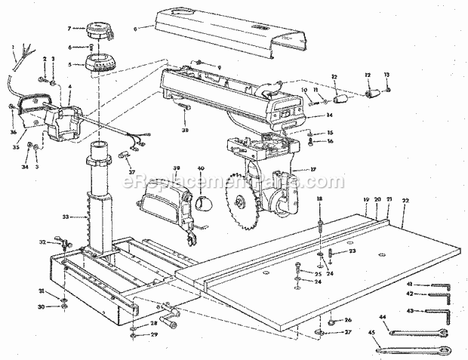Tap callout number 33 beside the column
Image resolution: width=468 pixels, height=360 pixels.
click(66, 217)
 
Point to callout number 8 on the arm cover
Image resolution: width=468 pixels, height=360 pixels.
click(135, 29)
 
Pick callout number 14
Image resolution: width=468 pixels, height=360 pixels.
click(329, 115)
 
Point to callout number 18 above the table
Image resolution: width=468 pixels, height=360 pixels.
click(320, 198)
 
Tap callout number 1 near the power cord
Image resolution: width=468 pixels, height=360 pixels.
click(14, 48)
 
